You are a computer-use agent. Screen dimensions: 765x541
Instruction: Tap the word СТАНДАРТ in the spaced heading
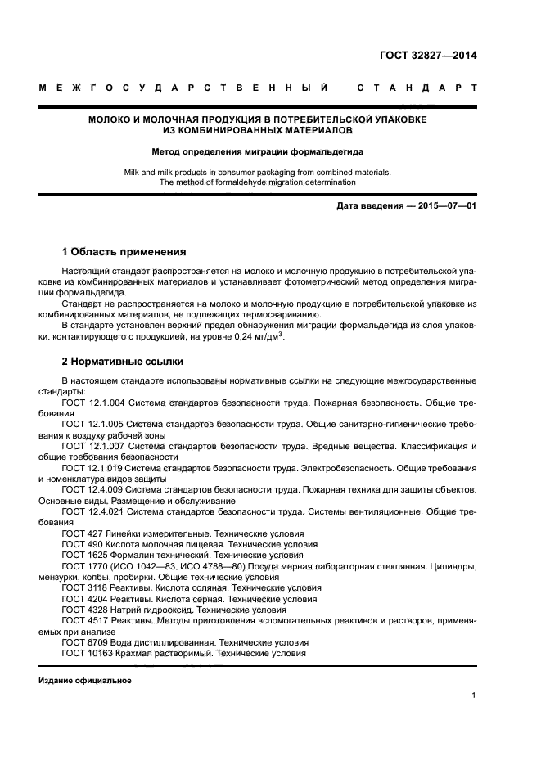pos(417,87)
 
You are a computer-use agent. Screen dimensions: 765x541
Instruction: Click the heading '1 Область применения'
pos(124,251)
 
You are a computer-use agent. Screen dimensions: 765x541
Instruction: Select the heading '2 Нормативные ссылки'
pos(123,361)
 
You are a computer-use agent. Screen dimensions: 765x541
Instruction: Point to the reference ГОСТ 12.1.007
pos(93,446)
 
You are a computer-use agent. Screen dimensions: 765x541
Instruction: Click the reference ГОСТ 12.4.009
pos(93,488)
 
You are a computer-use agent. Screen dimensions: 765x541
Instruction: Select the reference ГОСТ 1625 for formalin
pos(84,554)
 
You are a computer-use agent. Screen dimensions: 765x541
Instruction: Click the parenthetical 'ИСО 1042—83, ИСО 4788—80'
pos(177,565)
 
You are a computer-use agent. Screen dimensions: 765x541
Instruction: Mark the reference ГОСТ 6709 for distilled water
pos(84,642)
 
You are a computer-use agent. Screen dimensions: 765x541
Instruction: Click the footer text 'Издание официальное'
pos(84,681)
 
